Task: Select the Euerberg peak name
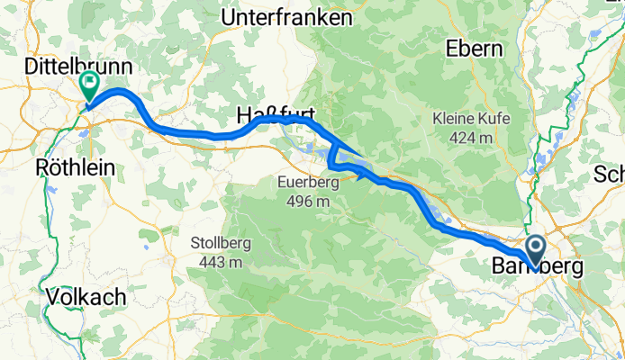309,183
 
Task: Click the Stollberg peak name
221,243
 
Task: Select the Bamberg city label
537,267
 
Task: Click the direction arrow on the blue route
363,175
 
